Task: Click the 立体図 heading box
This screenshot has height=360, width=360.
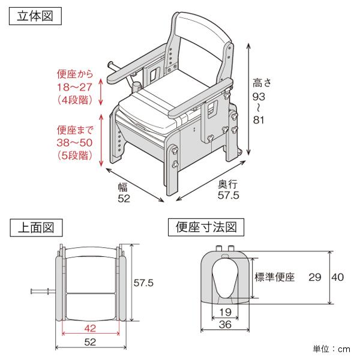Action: point(35,16)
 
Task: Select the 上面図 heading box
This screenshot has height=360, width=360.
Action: point(35,227)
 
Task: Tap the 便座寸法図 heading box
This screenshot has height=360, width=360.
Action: point(206,227)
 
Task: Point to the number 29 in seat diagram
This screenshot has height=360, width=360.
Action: point(315,277)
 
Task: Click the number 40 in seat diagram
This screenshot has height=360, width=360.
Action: point(338,277)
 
